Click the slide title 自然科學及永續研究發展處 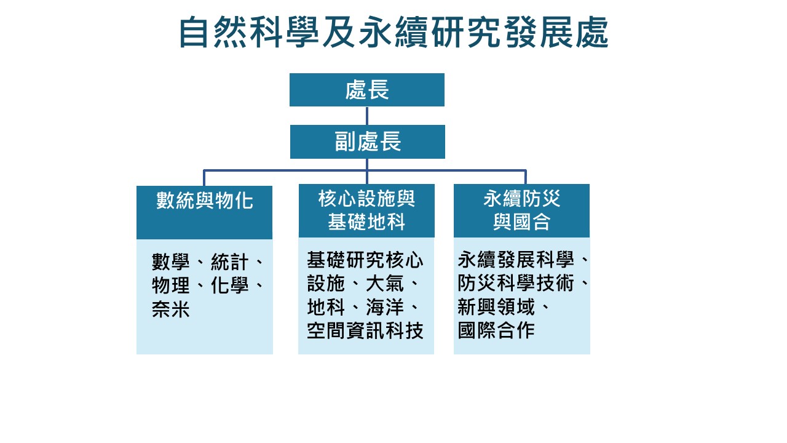393,32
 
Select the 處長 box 367,90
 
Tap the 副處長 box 367,142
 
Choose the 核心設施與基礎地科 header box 366,210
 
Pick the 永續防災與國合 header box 521,210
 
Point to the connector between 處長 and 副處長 367,116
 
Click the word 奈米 171,309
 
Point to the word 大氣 385,284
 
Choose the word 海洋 385,308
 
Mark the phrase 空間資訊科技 365,331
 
